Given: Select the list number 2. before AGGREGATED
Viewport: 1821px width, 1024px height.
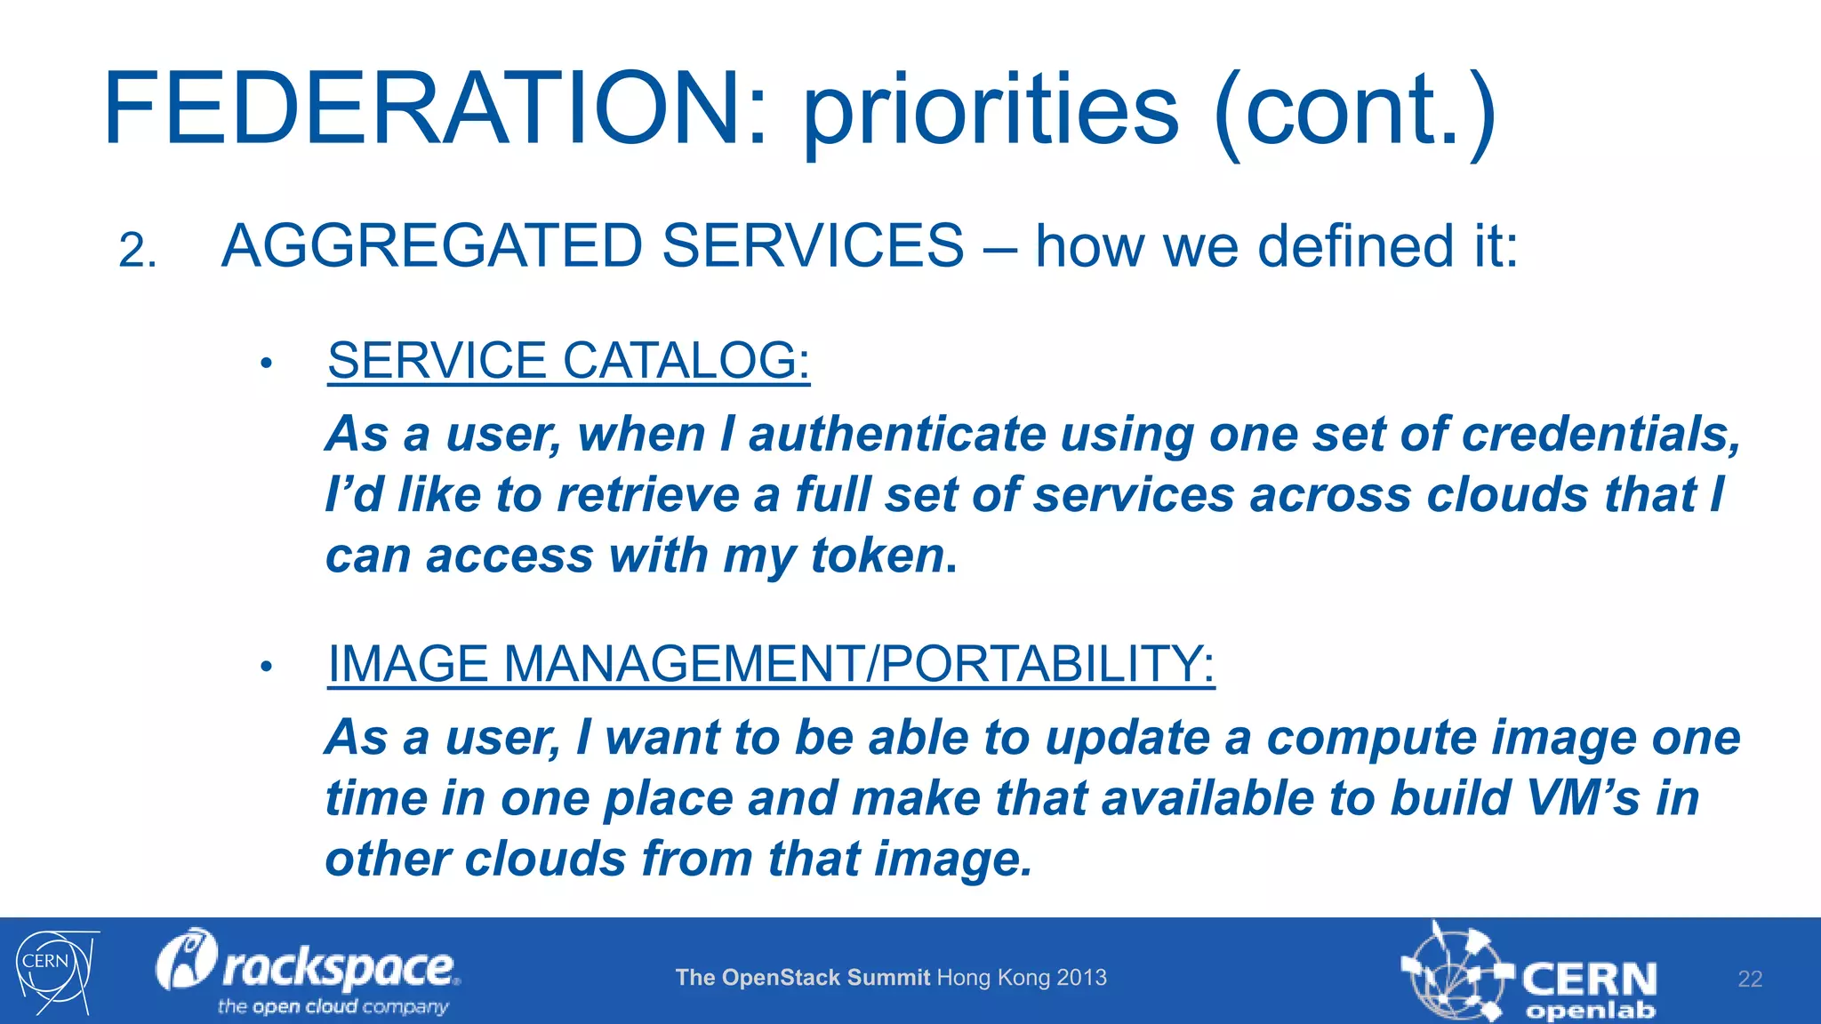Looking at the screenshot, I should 138,251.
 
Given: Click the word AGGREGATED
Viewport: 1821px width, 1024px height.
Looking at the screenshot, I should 431,246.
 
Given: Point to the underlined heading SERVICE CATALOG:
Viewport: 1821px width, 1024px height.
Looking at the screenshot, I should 568,361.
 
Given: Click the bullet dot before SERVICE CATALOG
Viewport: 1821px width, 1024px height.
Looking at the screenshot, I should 265,363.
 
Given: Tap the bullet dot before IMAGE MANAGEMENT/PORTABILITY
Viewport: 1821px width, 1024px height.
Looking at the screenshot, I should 265,667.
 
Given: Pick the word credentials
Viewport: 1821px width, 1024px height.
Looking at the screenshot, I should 1600,435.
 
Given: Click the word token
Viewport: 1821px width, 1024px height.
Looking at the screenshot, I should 877,556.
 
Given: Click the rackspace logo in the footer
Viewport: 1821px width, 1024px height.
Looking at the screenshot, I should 308,971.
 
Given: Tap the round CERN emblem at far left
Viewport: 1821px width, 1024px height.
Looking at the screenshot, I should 53,971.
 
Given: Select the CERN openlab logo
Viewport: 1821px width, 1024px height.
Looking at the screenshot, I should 1529,974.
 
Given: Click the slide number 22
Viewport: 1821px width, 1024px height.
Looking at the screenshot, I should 1749,980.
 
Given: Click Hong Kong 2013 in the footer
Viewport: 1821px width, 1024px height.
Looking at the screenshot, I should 1022,978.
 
